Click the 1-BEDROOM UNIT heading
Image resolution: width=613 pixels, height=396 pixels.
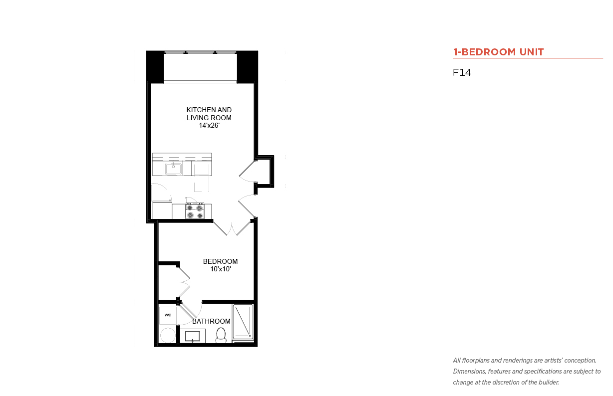pos(498,52)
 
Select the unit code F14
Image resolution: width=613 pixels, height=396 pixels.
pos(462,72)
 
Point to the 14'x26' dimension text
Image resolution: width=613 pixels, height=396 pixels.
pos(209,126)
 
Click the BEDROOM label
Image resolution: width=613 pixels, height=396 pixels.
pos(220,261)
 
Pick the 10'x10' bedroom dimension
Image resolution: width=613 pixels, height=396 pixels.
pos(220,269)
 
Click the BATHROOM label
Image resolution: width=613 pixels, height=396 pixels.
pos(211,321)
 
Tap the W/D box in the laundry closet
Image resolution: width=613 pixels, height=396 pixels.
pos(168,315)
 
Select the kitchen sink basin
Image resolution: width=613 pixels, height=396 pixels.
pos(173,169)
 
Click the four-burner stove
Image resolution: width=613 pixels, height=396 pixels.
pos(195,211)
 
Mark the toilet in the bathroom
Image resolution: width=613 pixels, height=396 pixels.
pos(221,335)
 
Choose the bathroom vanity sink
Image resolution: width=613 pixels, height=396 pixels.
pos(193,336)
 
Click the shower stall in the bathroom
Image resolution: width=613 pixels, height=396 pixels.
pos(243,322)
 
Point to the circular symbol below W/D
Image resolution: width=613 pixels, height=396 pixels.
pos(168,335)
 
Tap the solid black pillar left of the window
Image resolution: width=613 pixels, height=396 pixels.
pos(155,67)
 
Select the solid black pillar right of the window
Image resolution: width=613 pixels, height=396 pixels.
pos(248,67)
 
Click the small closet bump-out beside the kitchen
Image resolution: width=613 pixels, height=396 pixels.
pos(265,172)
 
